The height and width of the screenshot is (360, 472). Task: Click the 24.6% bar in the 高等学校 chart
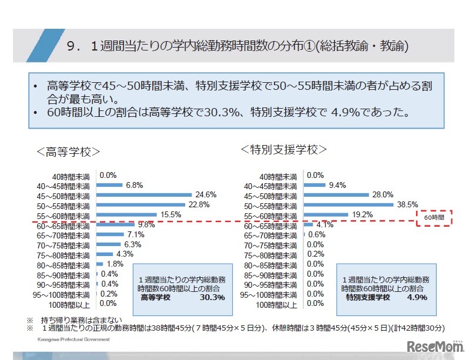pos(144,194)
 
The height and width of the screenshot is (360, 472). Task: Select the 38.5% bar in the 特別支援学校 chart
pos(349,204)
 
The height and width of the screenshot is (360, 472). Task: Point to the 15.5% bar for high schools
pos(126,214)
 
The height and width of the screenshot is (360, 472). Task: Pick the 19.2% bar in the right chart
pos(326,214)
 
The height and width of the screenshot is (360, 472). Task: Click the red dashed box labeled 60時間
pos(434,217)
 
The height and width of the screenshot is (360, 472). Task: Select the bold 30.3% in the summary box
pos(212,297)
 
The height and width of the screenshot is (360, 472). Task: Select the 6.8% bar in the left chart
pos(109,184)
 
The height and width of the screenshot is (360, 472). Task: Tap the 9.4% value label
pos(337,184)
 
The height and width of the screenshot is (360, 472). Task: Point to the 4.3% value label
pos(125,254)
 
